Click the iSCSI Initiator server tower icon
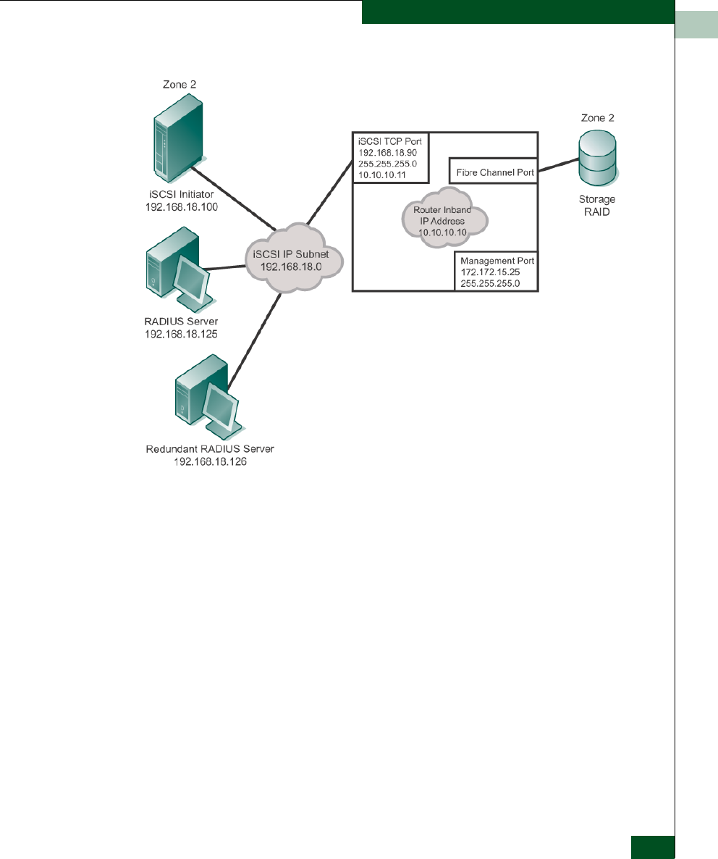(x=179, y=138)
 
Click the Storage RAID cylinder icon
(x=598, y=159)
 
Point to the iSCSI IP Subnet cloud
(x=293, y=257)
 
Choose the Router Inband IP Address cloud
(x=444, y=218)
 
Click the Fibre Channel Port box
(x=493, y=171)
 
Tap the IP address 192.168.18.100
(x=182, y=207)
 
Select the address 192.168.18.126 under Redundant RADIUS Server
(x=210, y=462)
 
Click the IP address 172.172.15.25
(x=490, y=272)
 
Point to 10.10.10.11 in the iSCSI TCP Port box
(x=382, y=175)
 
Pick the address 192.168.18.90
(x=387, y=153)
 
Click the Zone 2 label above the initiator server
(x=179, y=84)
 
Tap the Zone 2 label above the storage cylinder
(x=598, y=118)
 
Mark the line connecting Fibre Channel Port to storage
(x=558, y=165)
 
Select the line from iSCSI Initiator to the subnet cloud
(x=234, y=198)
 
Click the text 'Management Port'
(x=497, y=261)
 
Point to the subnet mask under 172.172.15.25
(x=490, y=284)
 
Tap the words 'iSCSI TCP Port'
(x=389, y=141)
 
